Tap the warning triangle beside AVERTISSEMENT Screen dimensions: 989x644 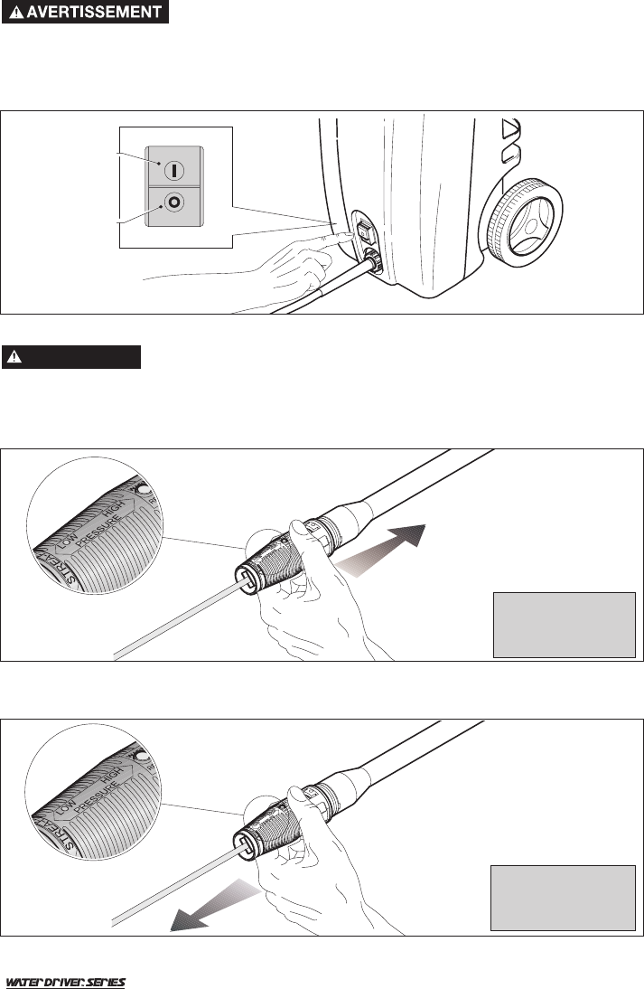[15, 14]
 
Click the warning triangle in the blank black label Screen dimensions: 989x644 [15, 357]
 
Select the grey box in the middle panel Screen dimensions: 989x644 [564, 624]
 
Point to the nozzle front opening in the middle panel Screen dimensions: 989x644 [246, 579]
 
